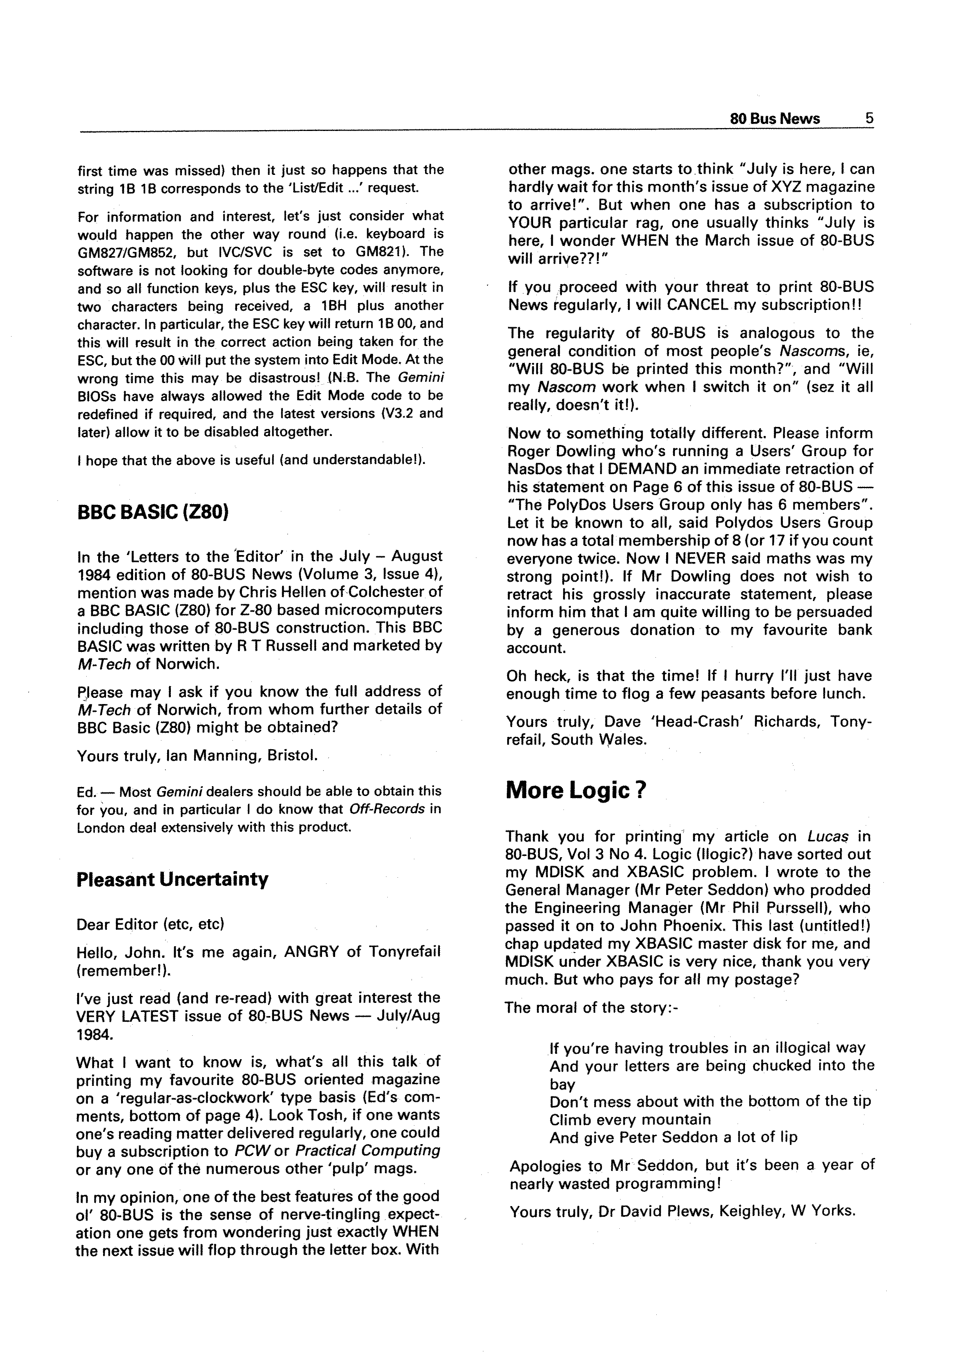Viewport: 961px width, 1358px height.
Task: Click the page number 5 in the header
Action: pos(869,118)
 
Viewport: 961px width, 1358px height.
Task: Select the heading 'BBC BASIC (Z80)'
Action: pos(153,512)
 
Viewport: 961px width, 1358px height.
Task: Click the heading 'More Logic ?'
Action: pos(575,791)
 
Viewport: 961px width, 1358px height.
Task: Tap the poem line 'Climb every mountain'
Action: pos(630,1119)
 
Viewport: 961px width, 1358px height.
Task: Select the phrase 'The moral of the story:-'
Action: pos(591,1007)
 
